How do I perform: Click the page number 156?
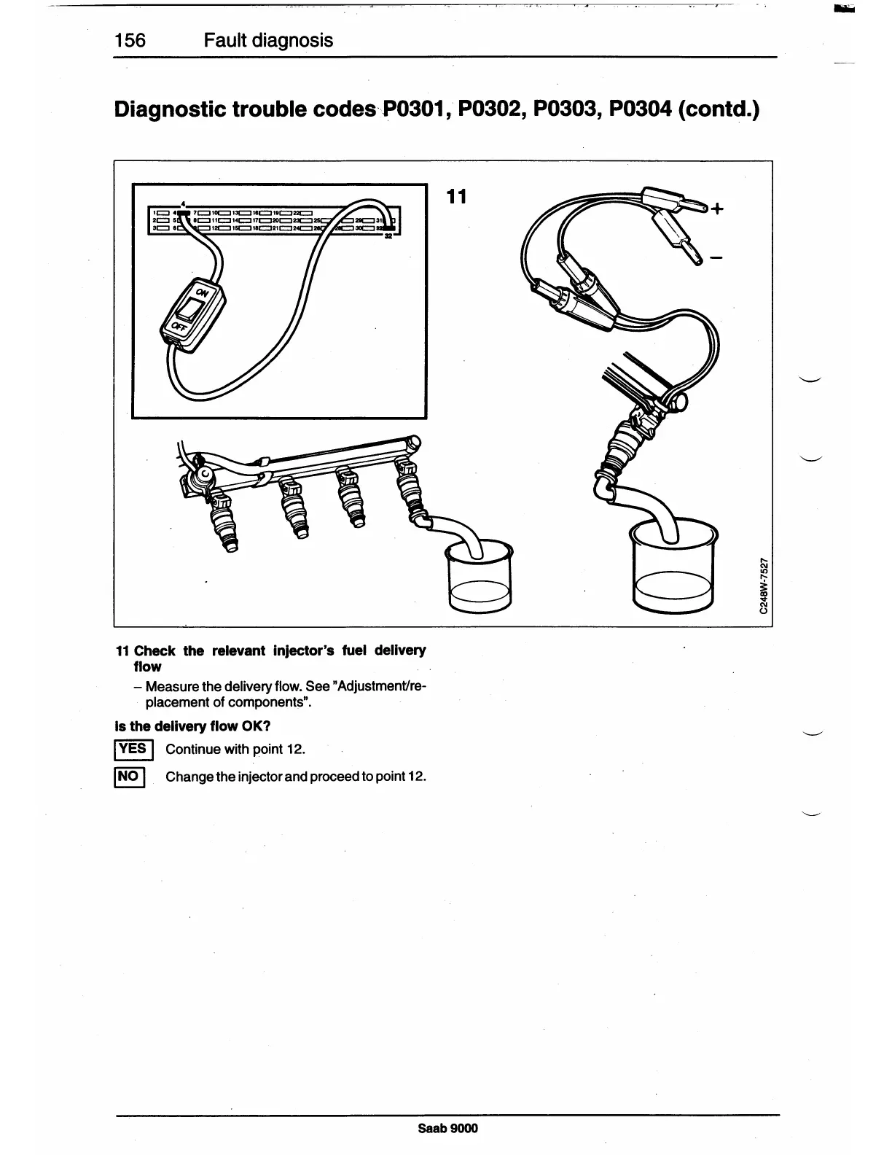click(130, 40)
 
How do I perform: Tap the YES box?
click(132, 749)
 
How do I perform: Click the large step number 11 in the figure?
click(456, 197)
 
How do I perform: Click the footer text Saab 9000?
click(447, 1129)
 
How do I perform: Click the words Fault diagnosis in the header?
click(268, 40)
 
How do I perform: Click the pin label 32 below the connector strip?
click(388, 236)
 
